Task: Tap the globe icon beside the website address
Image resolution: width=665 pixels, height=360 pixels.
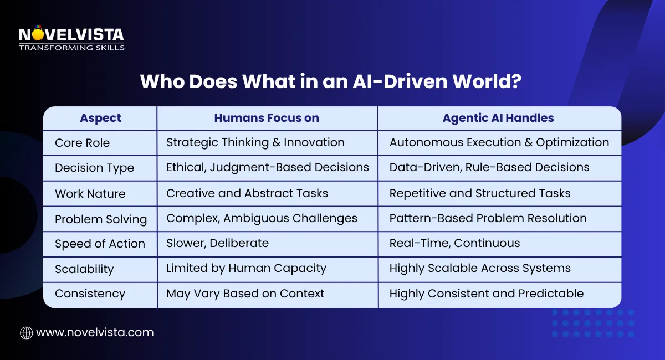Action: click(x=26, y=332)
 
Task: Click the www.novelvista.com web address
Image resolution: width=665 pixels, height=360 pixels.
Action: click(x=95, y=332)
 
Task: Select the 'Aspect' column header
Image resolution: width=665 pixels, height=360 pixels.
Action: click(x=100, y=118)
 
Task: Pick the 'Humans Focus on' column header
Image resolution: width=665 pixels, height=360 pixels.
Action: click(x=267, y=118)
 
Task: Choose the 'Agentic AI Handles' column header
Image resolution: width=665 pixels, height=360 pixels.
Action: click(x=498, y=118)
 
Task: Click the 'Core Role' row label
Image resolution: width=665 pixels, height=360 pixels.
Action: click(x=82, y=143)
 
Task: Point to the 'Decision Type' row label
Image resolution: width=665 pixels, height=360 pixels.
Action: click(x=94, y=168)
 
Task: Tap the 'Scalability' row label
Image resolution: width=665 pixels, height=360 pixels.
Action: click(x=84, y=269)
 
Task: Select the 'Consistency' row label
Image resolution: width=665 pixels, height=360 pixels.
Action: click(x=90, y=294)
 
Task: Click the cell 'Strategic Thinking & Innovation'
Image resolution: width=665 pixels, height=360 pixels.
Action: click(x=255, y=142)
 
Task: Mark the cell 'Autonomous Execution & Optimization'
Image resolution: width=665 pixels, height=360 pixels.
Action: click(x=499, y=142)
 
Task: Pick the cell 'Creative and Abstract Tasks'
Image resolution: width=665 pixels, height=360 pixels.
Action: click(x=247, y=193)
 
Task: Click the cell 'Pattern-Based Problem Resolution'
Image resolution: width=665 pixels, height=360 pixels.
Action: click(x=488, y=218)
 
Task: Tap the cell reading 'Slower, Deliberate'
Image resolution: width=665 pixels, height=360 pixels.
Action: click(x=217, y=243)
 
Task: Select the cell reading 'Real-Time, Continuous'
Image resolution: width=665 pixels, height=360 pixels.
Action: click(x=454, y=243)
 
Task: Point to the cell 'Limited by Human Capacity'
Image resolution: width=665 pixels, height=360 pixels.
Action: click(x=246, y=269)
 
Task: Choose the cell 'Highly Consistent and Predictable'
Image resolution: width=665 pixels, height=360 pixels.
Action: click(x=487, y=294)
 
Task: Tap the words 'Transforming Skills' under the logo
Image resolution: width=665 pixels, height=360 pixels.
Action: click(x=71, y=48)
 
